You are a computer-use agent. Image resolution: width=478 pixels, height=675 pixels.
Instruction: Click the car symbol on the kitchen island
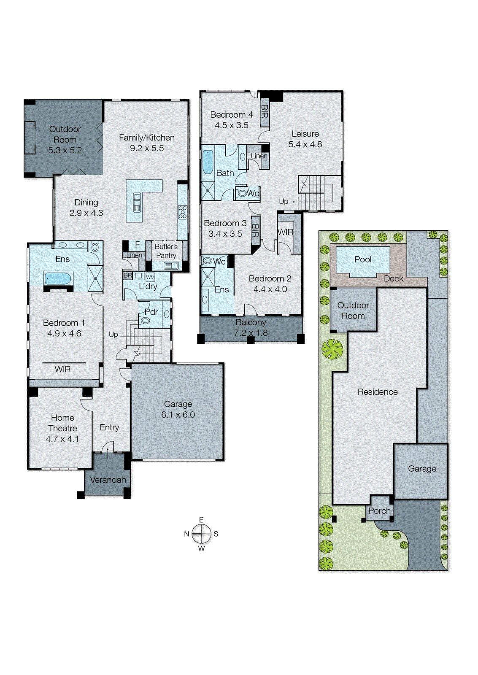click(137, 202)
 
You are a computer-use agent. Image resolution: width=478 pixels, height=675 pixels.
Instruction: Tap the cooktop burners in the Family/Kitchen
click(182, 212)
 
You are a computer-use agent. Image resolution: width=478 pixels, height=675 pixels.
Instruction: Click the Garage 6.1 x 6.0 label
click(178, 409)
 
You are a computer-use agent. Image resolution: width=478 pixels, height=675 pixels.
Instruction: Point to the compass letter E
click(201, 520)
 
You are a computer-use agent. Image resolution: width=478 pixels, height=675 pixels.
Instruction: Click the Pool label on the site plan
click(363, 259)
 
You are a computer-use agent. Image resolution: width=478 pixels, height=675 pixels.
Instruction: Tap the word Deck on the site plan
click(393, 278)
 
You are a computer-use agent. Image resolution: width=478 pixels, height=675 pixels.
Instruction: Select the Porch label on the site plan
click(379, 511)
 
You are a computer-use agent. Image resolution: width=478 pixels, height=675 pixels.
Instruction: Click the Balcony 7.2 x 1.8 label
click(251, 327)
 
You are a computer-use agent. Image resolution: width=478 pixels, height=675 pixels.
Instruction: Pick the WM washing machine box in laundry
click(150, 277)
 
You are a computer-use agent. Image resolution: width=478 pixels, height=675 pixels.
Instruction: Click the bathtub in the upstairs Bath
click(208, 162)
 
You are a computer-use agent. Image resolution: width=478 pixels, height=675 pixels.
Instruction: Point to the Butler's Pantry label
click(166, 251)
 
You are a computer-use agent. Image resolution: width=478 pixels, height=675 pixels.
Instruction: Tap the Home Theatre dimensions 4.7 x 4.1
click(62, 439)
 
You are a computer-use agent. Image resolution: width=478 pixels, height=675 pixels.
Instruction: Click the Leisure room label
click(305, 134)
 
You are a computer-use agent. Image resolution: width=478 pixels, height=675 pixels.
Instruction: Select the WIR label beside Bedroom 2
click(285, 232)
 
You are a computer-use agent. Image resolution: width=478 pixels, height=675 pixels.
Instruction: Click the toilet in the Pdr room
click(145, 321)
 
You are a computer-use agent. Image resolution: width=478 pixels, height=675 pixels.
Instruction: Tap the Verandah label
click(108, 480)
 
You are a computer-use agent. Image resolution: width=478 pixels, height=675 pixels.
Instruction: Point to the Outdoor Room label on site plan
click(353, 310)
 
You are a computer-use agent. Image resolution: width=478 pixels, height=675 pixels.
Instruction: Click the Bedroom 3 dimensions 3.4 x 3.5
click(225, 234)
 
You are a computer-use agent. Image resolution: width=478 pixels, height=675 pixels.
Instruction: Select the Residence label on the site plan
click(378, 392)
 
